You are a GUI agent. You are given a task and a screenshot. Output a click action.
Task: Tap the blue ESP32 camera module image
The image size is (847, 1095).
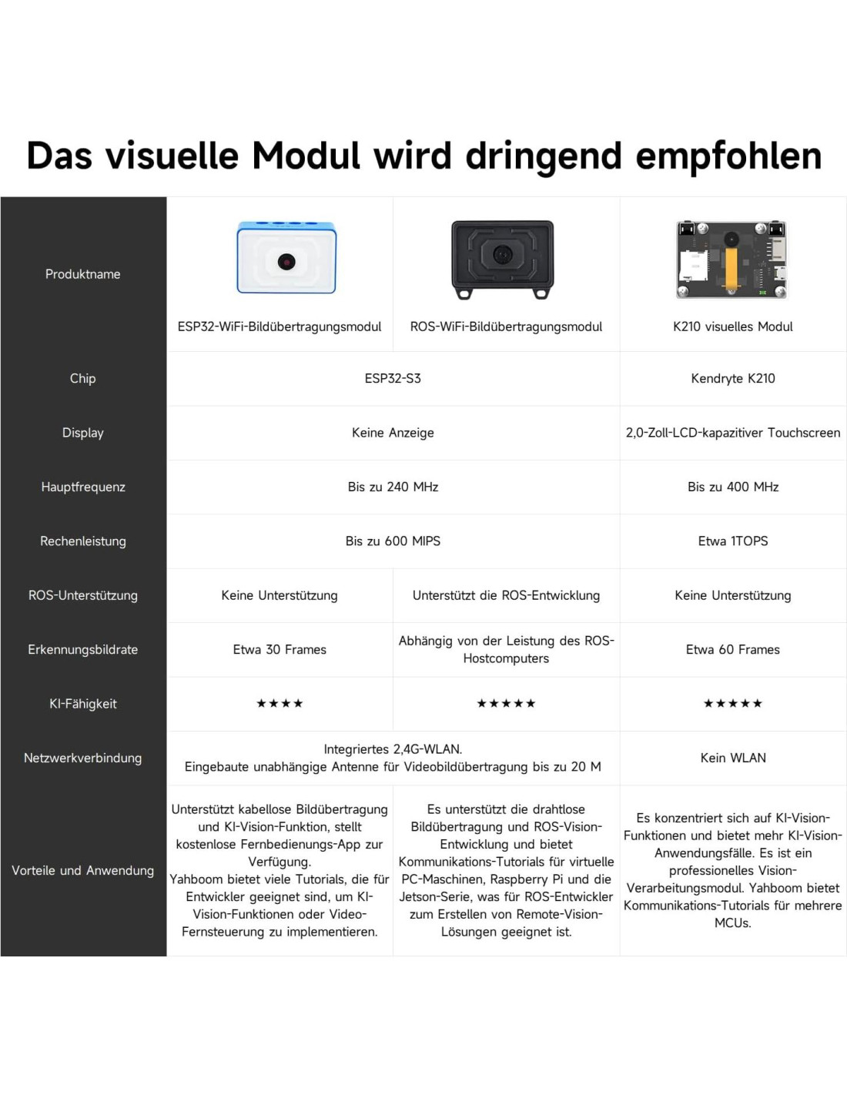(286, 257)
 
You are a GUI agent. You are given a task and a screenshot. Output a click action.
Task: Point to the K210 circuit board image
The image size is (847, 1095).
(731, 259)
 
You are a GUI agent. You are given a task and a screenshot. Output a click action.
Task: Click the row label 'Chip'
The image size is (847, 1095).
(82, 378)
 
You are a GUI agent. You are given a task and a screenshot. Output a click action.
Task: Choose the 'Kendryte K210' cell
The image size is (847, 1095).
(732, 378)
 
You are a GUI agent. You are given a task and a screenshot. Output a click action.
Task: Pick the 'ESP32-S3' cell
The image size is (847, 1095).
(393, 378)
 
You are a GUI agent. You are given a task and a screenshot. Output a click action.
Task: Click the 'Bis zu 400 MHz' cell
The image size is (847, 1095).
(732, 487)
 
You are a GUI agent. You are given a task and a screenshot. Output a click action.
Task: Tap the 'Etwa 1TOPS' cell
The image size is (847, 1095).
(732, 541)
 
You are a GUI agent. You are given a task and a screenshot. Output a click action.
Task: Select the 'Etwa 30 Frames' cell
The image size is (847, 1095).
(280, 649)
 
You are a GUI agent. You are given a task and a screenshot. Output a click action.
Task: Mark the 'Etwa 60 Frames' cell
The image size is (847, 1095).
(732, 649)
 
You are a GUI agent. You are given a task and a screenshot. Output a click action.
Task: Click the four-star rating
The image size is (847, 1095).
(280, 703)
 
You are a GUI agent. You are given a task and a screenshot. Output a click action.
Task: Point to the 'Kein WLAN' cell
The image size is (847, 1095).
(732, 758)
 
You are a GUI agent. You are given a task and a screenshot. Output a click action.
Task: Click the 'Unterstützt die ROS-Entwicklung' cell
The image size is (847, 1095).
(506, 595)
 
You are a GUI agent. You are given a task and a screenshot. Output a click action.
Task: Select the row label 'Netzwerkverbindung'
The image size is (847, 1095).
(82, 758)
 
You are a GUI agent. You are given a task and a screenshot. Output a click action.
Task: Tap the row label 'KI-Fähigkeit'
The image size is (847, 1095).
(82, 703)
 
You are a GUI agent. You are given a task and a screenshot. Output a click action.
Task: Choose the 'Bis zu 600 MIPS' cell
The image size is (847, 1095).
(393, 541)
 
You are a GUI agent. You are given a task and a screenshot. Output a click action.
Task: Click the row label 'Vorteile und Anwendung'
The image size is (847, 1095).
(82, 870)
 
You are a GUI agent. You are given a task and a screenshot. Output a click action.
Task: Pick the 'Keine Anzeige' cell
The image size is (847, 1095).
(393, 433)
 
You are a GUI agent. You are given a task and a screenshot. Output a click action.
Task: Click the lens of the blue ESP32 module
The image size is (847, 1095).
(286, 261)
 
